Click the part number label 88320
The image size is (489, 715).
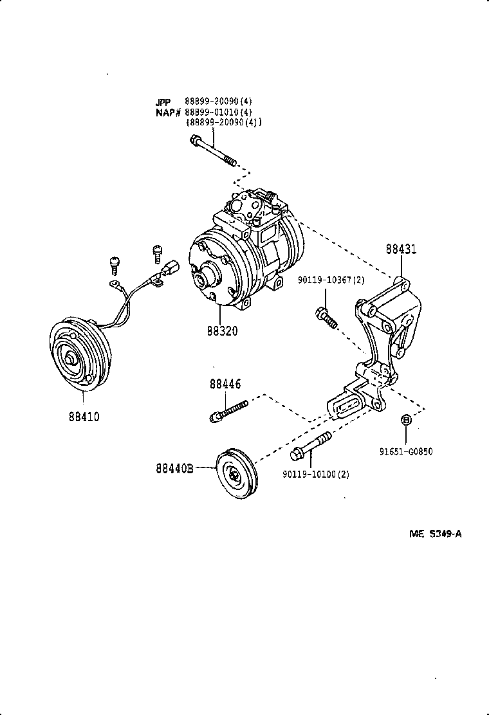(x=222, y=331)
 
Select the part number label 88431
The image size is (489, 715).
(x=401, y=249)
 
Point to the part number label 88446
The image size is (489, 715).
(x=225, y=384)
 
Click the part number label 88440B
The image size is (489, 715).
(x=174, y=469)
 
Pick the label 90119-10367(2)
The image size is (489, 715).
(x=331, y=280)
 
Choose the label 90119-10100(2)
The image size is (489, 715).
(x=315, y=474)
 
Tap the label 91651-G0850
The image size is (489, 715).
(x=405, y=451)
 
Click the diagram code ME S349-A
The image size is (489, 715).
(x=436, y=533)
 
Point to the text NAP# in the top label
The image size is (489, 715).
(x=167, y=112)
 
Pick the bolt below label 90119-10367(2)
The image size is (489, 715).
(x=326, y=317)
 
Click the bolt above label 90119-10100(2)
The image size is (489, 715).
(x=311, y=446)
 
